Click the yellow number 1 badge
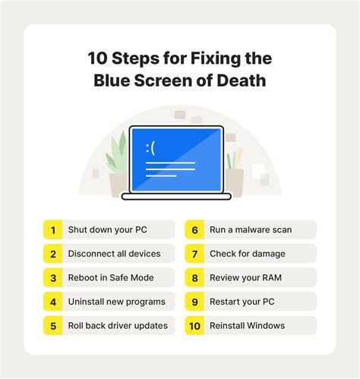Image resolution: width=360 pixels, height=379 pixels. pyautogui.click(x=53, y=229)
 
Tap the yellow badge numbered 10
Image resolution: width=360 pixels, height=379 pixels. pyautogui.click(x=194, y=326)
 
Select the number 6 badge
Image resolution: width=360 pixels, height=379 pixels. pyautogui.click(x=194, y=229)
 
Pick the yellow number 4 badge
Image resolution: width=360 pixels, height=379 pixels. pyautogui.click(x=53, y=302)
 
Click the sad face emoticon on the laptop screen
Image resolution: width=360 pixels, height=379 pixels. pyautogui.click(x=150, y=148)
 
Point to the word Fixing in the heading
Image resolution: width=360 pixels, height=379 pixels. pyautogui.click(x=214, y=58)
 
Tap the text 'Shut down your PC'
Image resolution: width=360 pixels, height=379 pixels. pyautogui.click(x=108, y=229)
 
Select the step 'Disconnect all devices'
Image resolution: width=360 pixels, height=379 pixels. pyautogui.click(x=114, y=254)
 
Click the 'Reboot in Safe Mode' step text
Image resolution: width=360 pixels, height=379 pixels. pyautogui.click(x=111, y=277)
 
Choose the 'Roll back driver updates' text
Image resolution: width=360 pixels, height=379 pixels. pyautogui.click(x=118, y=326)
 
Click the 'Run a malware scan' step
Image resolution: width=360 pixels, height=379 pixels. pyautogui.click(x=251, y=229)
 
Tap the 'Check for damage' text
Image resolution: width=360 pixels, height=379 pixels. pyautogui.click(x=248, y=254)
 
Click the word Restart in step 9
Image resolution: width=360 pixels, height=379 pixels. pyautogui.click(x=225, y=302)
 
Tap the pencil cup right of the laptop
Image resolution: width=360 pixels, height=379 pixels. pyautogui.click(x=234, y=182)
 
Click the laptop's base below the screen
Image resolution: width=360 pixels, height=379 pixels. pyautogui.click(x=176, y=197)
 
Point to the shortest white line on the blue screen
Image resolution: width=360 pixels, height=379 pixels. pyautogui.click(x=161, y=175)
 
